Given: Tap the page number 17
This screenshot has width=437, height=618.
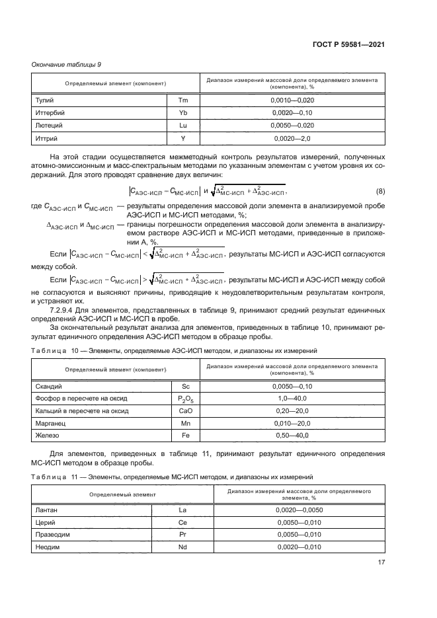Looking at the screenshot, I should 381,562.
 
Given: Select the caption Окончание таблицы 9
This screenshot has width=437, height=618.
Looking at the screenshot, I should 66,64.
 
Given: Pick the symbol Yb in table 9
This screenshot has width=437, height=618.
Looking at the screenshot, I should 184,112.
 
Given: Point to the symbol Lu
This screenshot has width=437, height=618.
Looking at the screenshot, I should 184,126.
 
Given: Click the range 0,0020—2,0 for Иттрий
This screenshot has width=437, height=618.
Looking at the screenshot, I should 292,139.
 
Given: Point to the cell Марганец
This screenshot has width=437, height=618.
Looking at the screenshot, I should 49,423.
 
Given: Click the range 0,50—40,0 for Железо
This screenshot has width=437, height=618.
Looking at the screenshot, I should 292,436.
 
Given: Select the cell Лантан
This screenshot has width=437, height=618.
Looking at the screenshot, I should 44,510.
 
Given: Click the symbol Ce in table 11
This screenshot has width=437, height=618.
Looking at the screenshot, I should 183,523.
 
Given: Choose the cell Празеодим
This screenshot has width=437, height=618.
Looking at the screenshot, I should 50,535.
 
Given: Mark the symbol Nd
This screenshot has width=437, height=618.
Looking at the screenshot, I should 183,547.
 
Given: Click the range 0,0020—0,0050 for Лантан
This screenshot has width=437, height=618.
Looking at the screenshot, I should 299,510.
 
